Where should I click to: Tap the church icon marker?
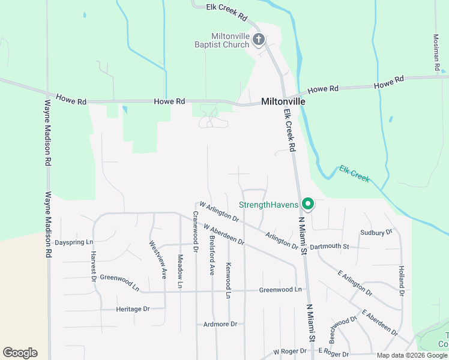pos(259,40)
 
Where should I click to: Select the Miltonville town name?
pos(283,102)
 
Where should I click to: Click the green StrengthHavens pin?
pos(308,205)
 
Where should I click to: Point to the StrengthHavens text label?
pos(268,205)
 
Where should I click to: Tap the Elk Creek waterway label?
pos(354,174)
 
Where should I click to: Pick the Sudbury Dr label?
pos(376,232)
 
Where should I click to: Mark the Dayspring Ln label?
pos(74,242)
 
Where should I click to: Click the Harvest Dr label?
pos(94,266)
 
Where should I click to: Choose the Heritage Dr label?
pos(133,309)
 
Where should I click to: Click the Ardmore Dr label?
pos(220,324)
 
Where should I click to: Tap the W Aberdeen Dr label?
pos(223,235)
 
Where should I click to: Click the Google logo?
pos(20,353)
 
